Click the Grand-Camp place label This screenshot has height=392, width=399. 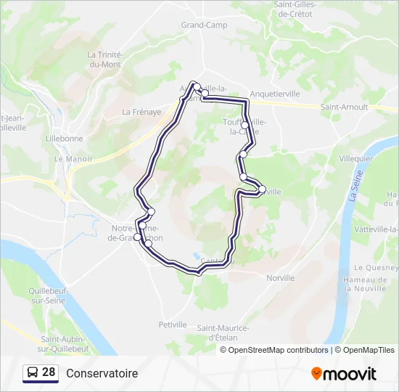pyautogui.click(x=204, y=25)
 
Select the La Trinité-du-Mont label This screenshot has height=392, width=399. pyautogui.click(x=107, y=59)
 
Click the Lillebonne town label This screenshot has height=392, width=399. pyautogui.click(x=64, y=138)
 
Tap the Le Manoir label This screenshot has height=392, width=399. pyautogui.click(x=70, y=158)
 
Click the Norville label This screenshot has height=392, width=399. pyautogui.click(x=280, y=278)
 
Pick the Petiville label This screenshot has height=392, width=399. pyautogui.click(x=173, y=324)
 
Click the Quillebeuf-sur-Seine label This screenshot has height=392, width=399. pyautogui.click(x=48, y=295)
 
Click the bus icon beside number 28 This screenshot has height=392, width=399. pyautogui.click(x=32, y=373)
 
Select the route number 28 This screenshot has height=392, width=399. pyautogui.click(x=49, y=372)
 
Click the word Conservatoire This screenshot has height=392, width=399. pyautogui.click(x=102, y=373)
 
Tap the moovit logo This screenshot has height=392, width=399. pyautogui.click(x=344, y=374)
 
